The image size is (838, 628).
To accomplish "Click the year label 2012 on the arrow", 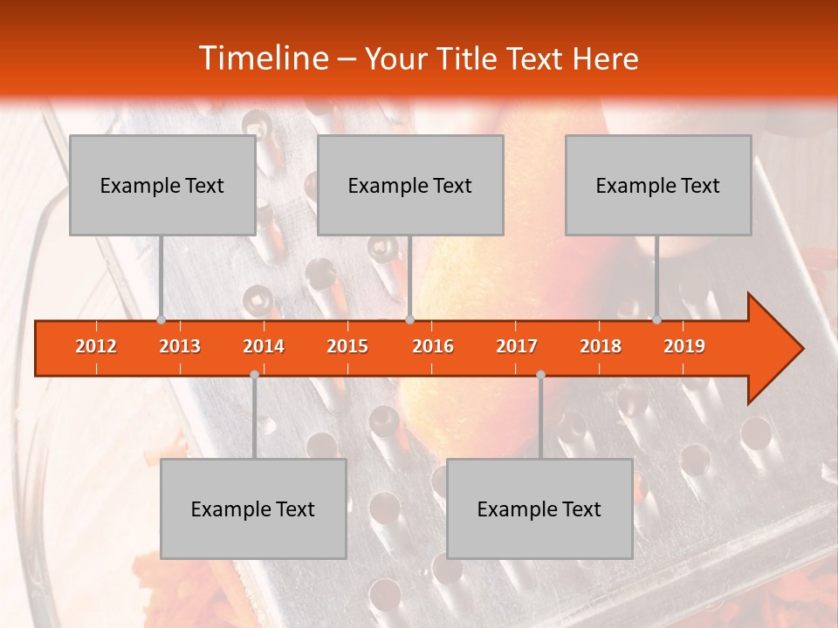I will pyautogui.click(x=96, y=346).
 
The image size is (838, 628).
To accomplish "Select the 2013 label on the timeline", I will pyautogui.click(x=180, y=346).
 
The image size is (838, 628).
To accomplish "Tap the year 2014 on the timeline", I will pyautogui.click(x=264, y=346).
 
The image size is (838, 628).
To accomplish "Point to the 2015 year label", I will pyautogui.click(x=347, y=346).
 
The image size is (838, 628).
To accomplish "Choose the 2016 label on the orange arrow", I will pyautogui.click(x=433, y=346).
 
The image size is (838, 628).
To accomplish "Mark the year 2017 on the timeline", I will pyautogui.click(x=517, y=346).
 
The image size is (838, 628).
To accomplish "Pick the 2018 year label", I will pyautogui.click(x=601, y=346).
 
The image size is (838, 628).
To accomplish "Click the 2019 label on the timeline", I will pyautogui.click(x=684, y=346).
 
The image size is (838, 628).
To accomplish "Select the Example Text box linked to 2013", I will pyautogui.click(x=162, y=185).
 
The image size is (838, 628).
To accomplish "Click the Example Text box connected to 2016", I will pyautogui.click(x=410, y=185).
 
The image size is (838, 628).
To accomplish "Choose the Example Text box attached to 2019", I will pyautogui.click(x=658, y=185).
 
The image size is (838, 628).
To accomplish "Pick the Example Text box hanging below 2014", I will pyautogui.click(x=253, y=509).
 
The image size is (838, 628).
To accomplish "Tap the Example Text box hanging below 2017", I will pyautogui.click(x=539, y=509).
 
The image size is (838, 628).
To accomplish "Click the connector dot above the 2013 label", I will pyautogui.click(x=161, y=319).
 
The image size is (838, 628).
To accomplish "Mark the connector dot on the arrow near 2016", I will pyautogui.click(x=409, y=319).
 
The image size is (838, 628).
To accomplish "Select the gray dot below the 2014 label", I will pyautogui.click(x=254, y=374).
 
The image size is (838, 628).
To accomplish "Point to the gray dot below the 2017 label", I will pyautogui.click(x=540, y=374).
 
